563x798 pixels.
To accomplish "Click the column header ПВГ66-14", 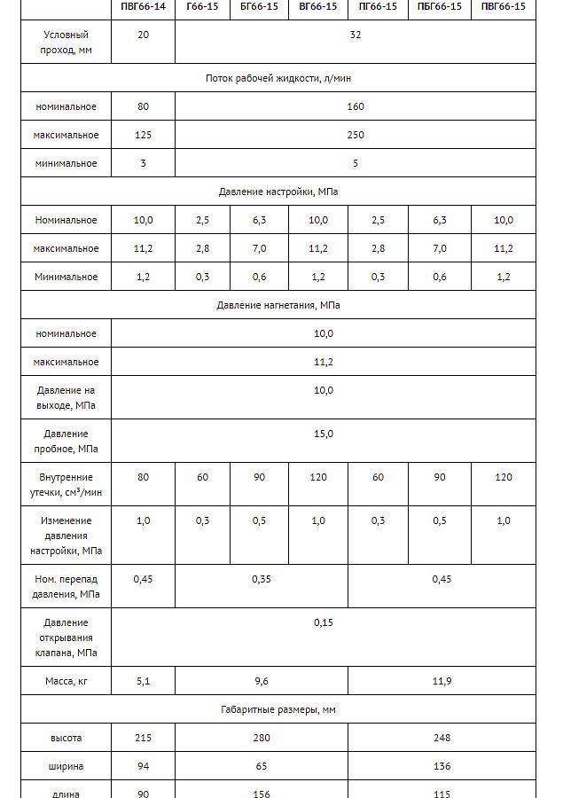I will pyautogui.click(x=143, y=6).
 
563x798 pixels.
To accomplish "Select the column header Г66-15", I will pyautogui.click(x=202, y=6).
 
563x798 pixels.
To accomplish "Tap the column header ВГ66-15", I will pyautogui.click(x=318, y=6).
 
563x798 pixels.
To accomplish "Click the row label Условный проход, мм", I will pyautogui.click(x=66, y=43).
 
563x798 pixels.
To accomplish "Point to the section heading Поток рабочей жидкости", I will pyautogui.click(x=278, y=78).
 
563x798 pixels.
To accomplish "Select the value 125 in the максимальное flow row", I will pyautogui.click(x=143, y=135).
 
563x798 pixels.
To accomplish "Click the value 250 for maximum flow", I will pyautogui.click(x=356, y=135).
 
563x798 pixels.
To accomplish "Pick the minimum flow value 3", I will pyautogui.click(x=143, y=163).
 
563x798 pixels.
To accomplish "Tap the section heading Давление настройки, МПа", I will pyautogui.click(x=278, y=192).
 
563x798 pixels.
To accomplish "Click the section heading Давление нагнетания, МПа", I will pyautogui.click(x=278, y=305).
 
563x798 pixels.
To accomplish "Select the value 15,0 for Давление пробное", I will pyautogui.click(x=324, y=434).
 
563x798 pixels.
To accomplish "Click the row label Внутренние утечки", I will pyautogui.click(x=66, y=484).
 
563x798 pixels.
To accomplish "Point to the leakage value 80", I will pyautogui.click(x=143, y=477).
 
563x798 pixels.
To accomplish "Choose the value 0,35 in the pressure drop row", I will pyautogui.click(x=262, y=579).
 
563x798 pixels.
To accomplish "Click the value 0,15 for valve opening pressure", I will pyautogui.click(x=324, y=622).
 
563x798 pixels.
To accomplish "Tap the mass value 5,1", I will pyautogui.click(x=143, y=681).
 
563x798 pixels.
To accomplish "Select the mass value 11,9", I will pyautogui.click(x=442, y=681).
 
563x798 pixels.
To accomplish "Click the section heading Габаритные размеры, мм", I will pyautogui.click(x=278, y=709).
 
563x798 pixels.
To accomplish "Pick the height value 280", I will pyautogui.click(x=262, y=738).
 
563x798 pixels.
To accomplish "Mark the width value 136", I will pyautogui.click(x=442, y=766).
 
